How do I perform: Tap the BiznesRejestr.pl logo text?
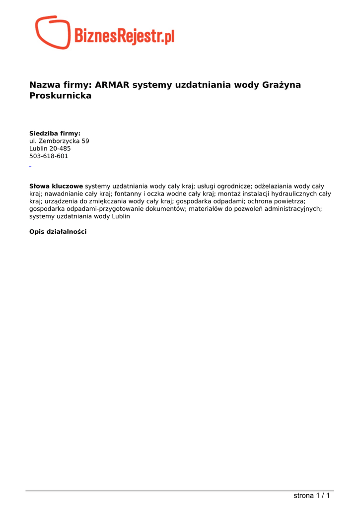coord(124,36)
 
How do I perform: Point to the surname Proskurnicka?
coord(61,96)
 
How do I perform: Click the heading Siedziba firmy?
coord(55,133)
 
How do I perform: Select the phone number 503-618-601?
coord(49,156)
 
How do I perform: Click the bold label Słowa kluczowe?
coord(56,186)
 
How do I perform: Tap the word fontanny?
coord(128,194)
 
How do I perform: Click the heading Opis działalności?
coord(58,232)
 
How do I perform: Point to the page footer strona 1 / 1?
coord(311,495)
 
